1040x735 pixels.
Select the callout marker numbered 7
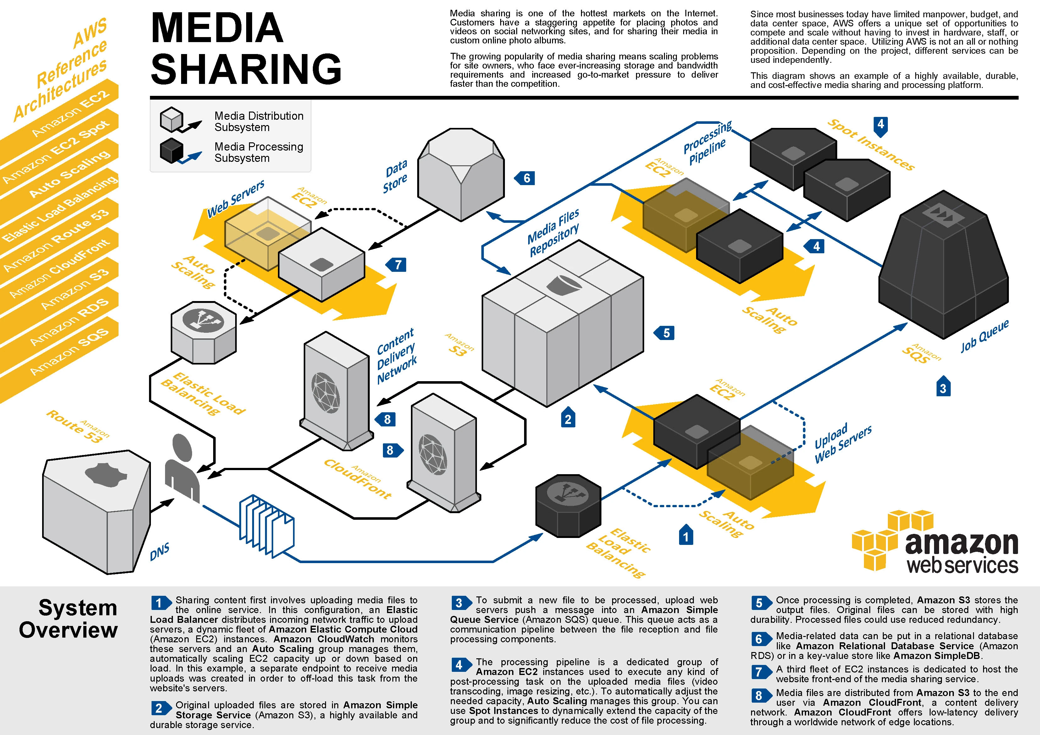click(397, 265)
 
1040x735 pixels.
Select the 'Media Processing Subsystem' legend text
click(259, 152)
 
